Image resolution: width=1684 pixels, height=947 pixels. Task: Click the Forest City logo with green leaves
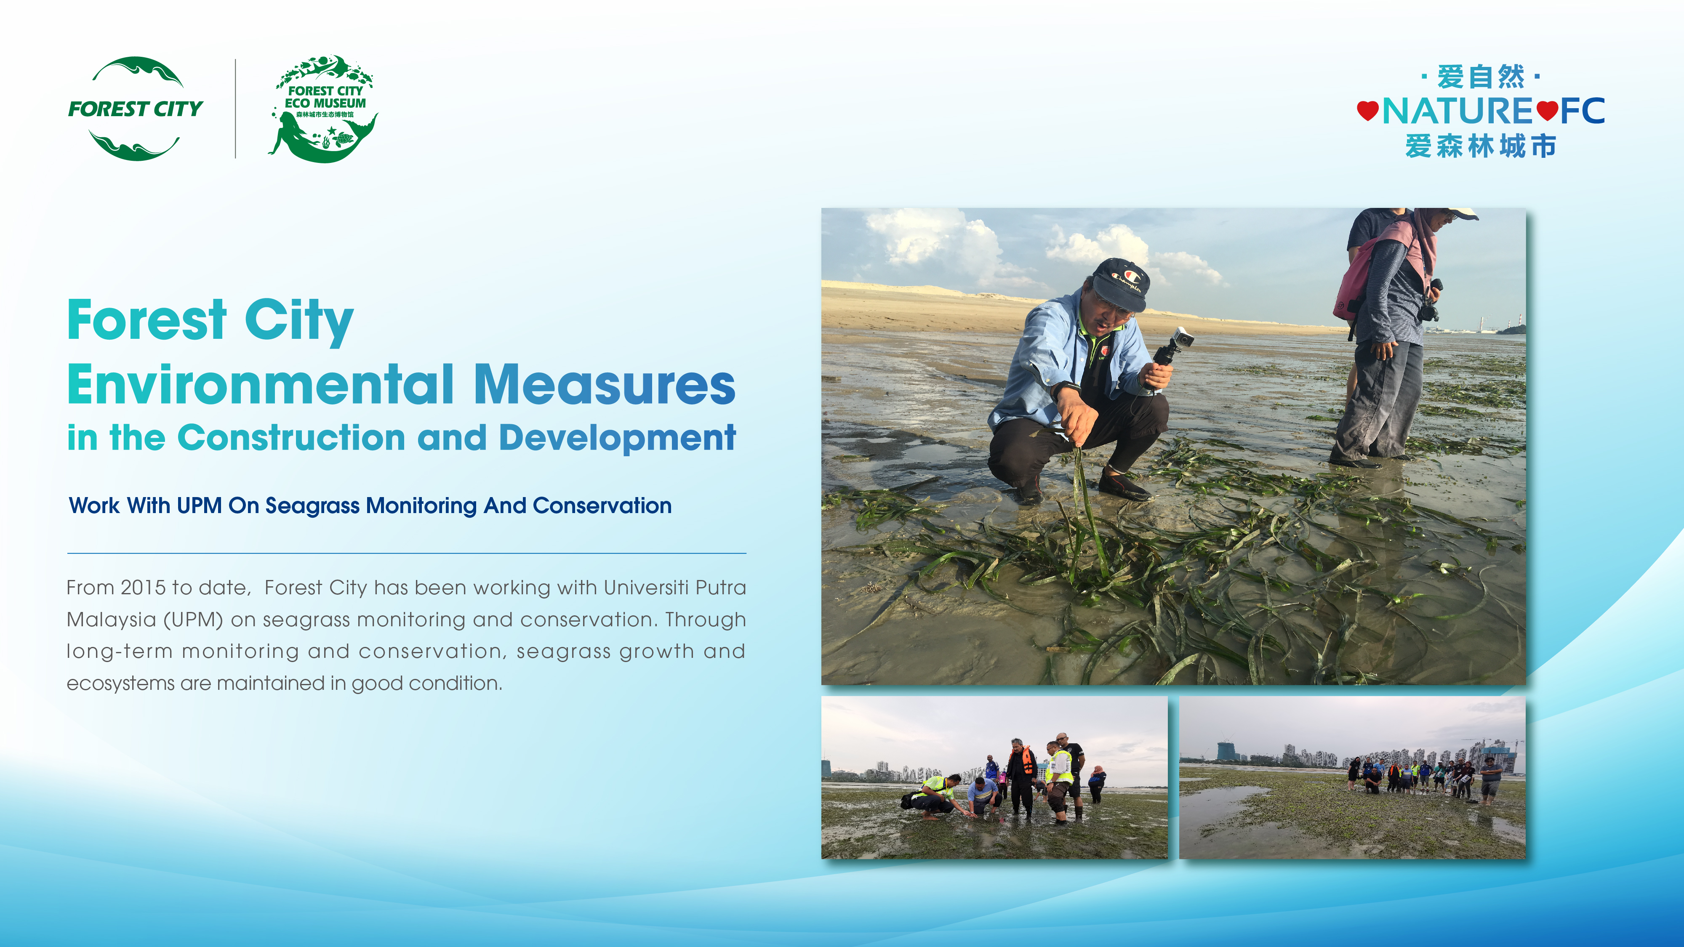tap(135, 109)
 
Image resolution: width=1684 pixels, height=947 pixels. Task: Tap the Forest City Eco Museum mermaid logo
tap(324, 109)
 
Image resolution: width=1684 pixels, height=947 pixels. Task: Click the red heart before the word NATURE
tap(1367, 110)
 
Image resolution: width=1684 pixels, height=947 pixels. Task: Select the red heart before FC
tap(1547, 110)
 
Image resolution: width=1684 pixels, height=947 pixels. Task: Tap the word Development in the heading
tap(617, 438)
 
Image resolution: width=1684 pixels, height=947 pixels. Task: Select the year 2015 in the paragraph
tap(143, 588)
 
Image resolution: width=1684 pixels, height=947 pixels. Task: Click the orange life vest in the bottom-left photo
tap(1027, 760)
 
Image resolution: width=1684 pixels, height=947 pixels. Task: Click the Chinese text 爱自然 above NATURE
tap(1481, 77)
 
